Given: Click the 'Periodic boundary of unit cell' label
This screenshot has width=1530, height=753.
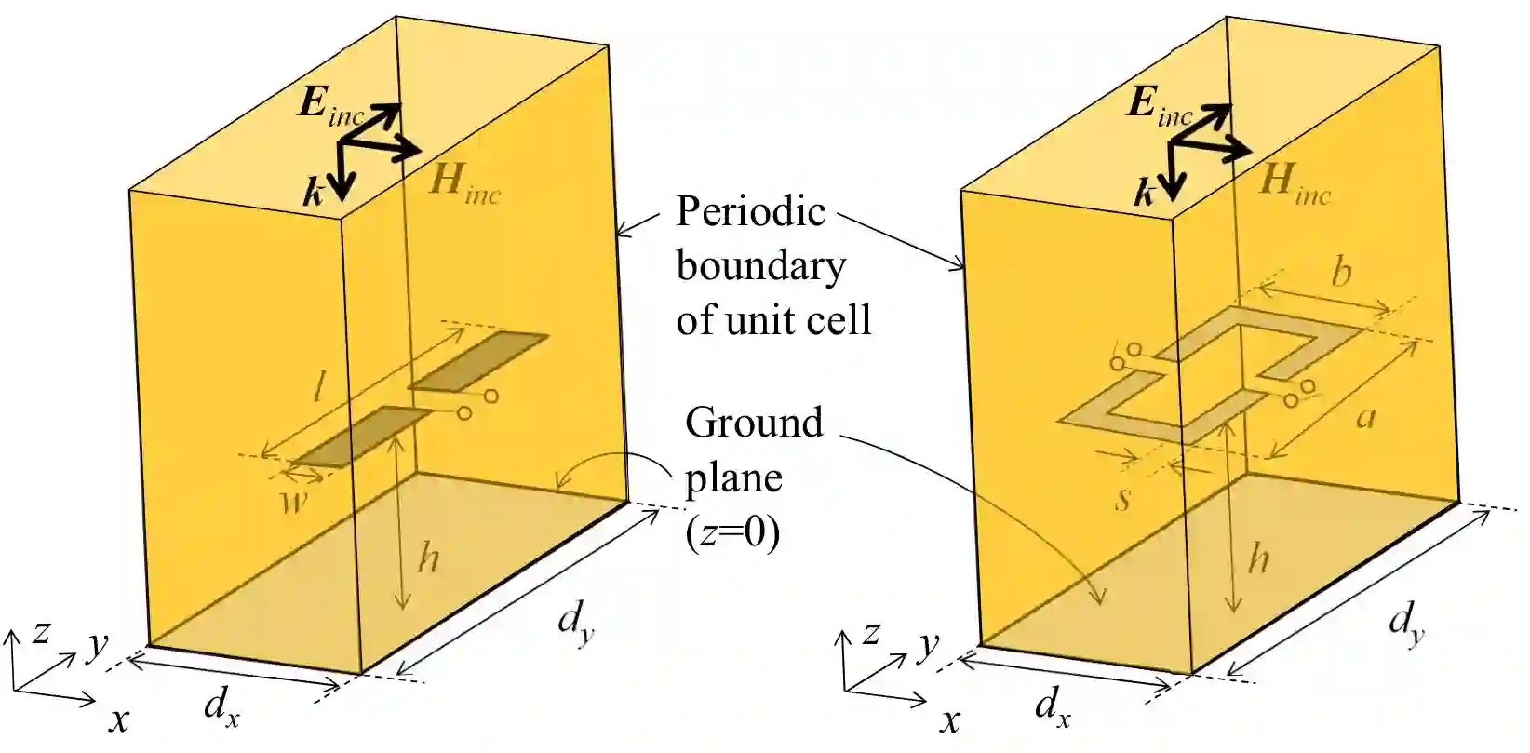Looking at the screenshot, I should pyautogui.click(x=772, y=265).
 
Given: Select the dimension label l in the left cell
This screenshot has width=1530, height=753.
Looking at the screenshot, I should pyautogui.click(x=318, y=387).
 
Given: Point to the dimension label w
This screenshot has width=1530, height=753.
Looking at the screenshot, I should pyautogui.click(x=296, y=504).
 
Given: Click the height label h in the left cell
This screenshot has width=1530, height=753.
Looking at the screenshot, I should pyautogui.click(x=428, y=558).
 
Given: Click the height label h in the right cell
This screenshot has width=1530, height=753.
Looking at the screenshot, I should pyautogui.click(x=1258, y=558).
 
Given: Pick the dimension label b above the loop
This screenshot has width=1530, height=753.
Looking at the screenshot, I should pyautogui.click(x=1341, y=272).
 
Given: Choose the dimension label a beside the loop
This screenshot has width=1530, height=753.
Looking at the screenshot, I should pyautogui.click(x=1365, y=416).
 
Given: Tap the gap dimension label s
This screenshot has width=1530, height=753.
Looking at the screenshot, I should pyautogui.click(x=1123, y=499).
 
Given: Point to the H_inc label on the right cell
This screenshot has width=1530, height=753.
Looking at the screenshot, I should pyautogui.click(x=1294, y=181).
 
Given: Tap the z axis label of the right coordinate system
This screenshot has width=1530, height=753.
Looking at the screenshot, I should pyautogui.click(x=871, y=633).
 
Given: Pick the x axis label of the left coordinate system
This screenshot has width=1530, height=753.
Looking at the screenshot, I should pyautogui.click(x=119, y=719).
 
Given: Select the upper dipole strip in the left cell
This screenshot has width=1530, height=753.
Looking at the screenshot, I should pyautogui.click(x=479, y=360).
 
